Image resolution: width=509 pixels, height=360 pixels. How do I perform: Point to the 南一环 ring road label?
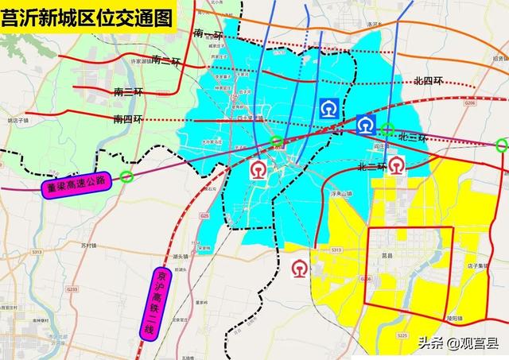pos(208,36)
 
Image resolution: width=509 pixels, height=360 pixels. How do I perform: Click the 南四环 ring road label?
pos(128,118)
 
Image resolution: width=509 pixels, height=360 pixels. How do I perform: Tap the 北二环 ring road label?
pos(371,167)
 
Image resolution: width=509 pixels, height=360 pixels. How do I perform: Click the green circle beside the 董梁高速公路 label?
pos(126,177)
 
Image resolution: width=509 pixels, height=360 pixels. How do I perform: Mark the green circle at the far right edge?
pos(501,145)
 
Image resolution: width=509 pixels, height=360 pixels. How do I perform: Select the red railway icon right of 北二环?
pos(395,165)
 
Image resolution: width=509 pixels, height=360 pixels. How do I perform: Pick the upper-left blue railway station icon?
pos(328,109)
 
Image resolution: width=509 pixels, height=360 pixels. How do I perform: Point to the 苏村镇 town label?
pos(88,246)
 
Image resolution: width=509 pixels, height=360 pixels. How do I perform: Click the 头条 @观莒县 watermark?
pos(457,343)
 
